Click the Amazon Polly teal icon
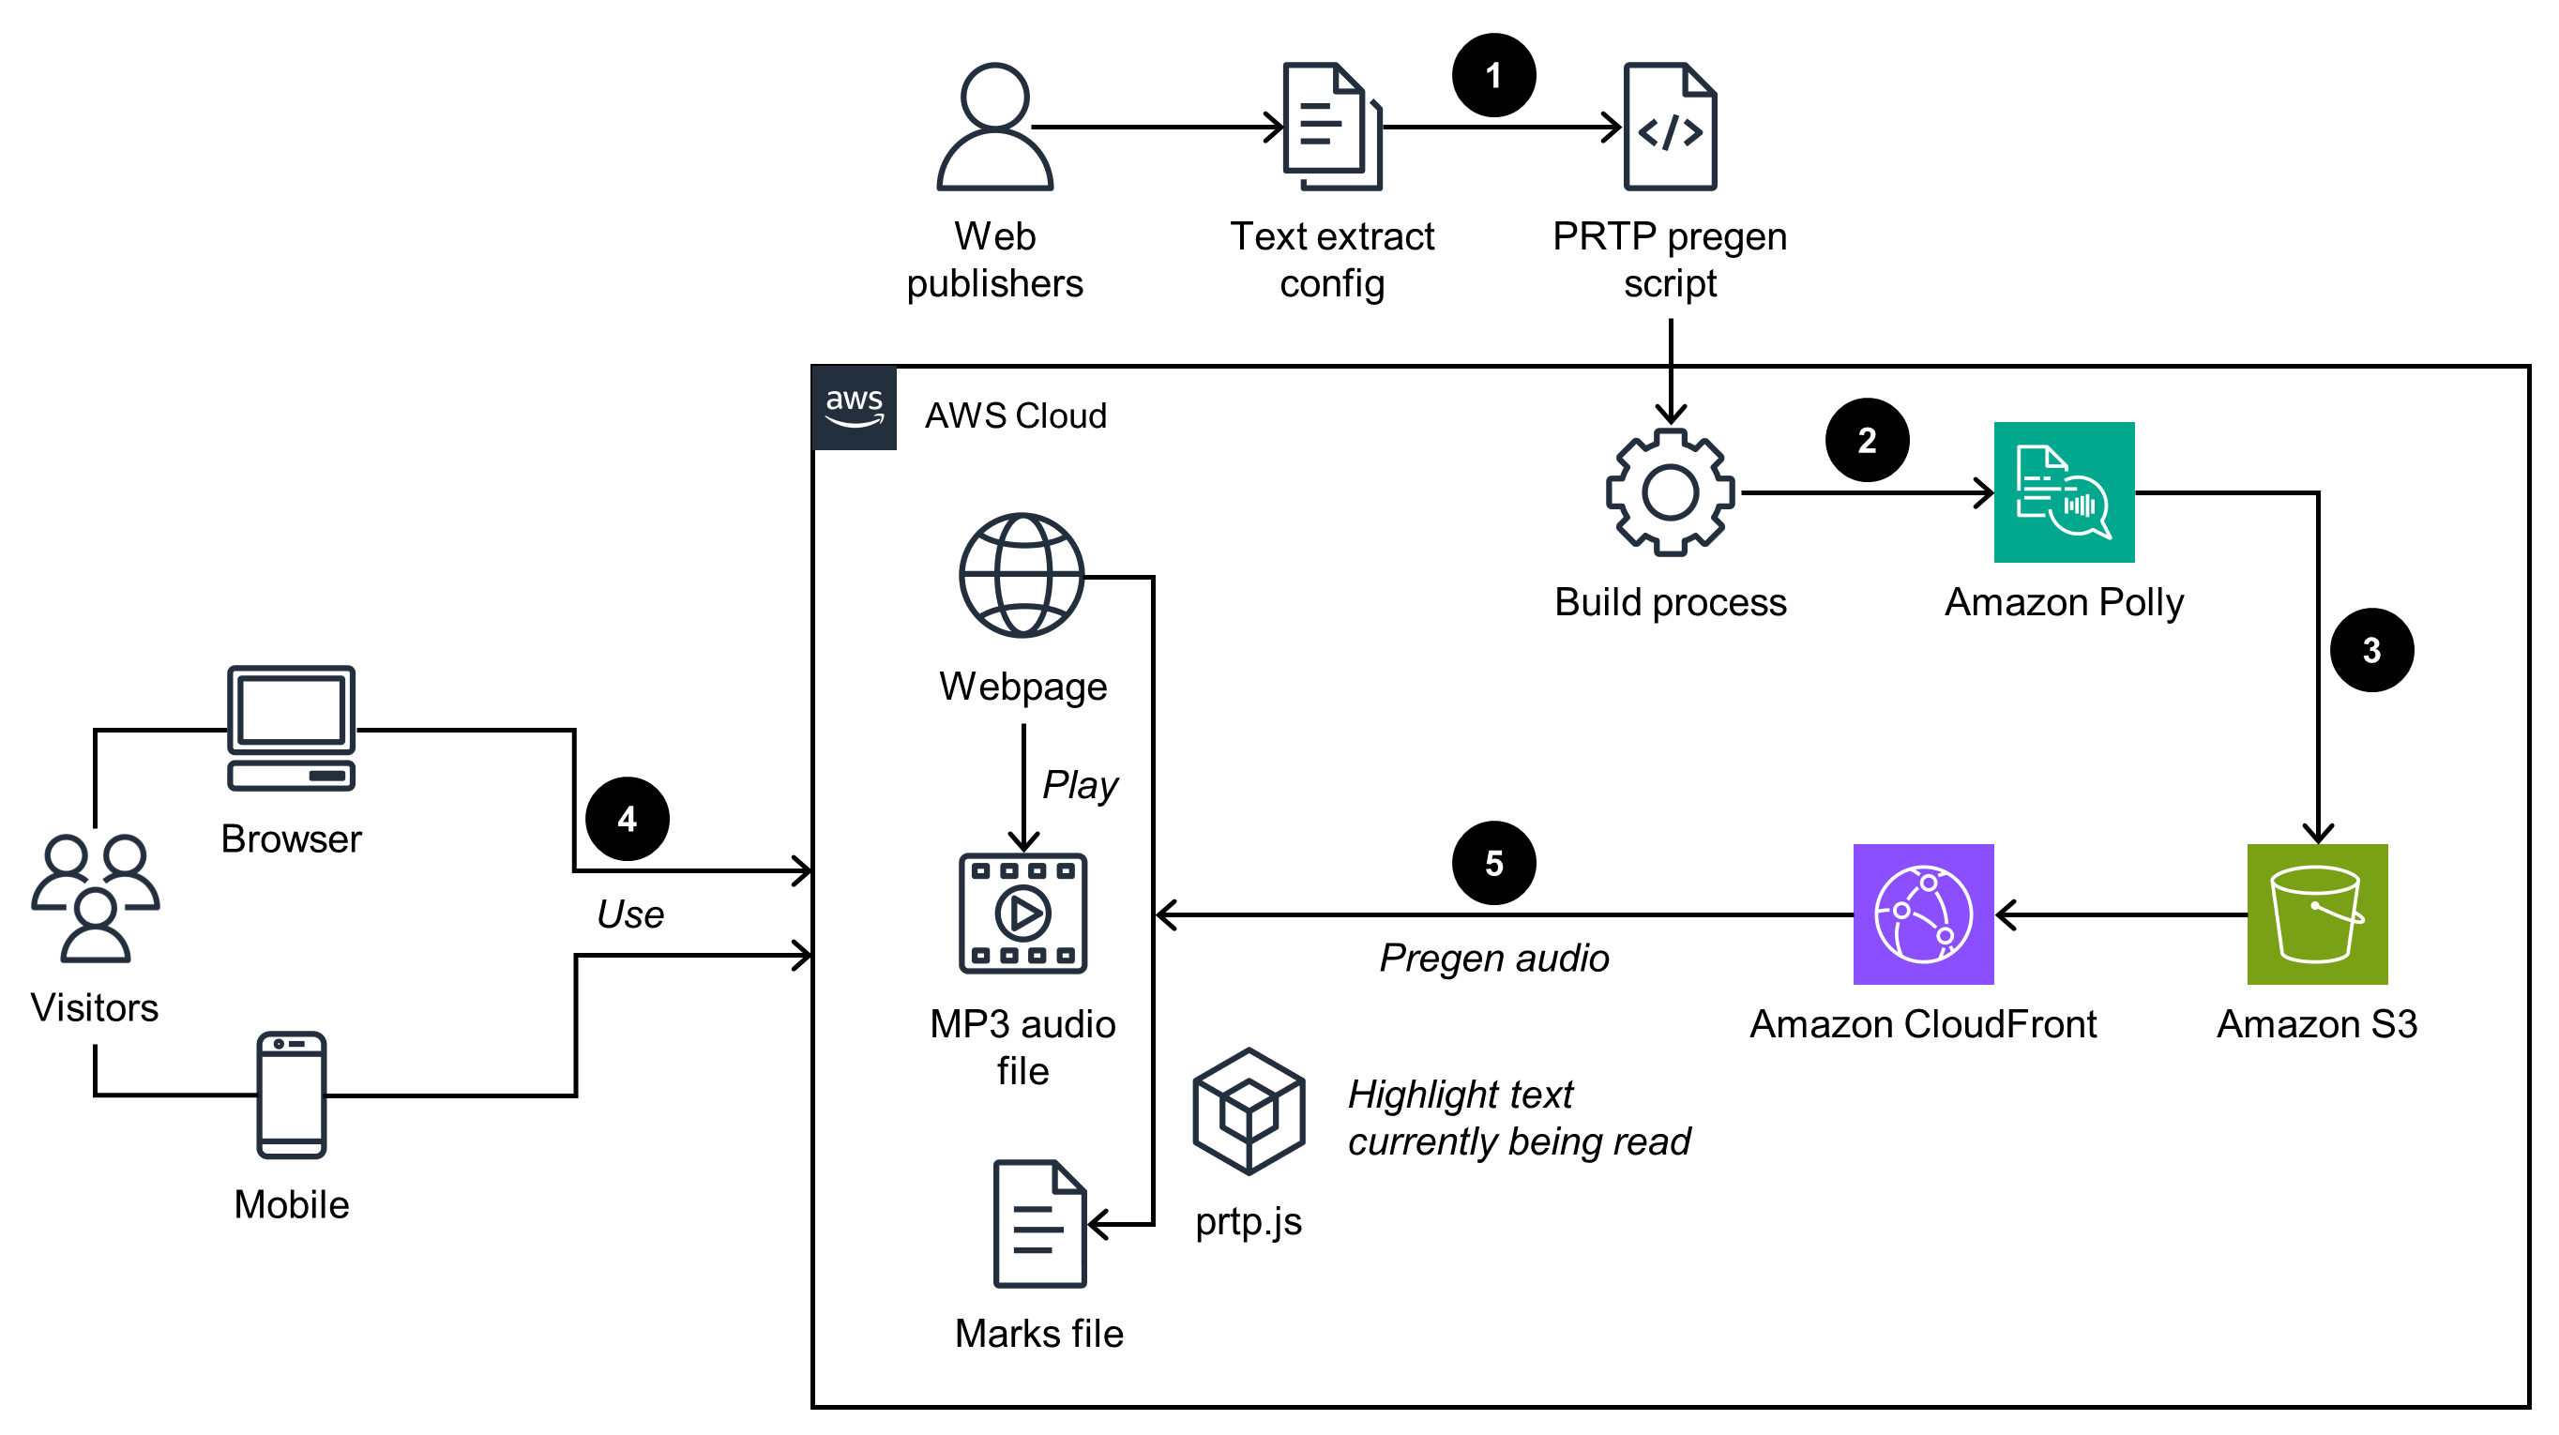(2064, 491)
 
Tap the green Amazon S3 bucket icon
(2317, 914)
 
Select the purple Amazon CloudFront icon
(1923, 914)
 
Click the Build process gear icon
(1670, 491)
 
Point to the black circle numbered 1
(1493, 75)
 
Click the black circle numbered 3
(2371, 651)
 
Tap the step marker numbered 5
(1493, 863)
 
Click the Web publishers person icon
(994, 128)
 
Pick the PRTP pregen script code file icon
(1670, 128)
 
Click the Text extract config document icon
(1331, 128)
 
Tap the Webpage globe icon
(1022, 575)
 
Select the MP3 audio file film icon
(1022, 913)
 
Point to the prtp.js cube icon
(1248, 1111)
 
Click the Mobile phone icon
(291, 1095)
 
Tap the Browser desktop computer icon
(291, 728)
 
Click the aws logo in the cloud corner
(855, 407)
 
